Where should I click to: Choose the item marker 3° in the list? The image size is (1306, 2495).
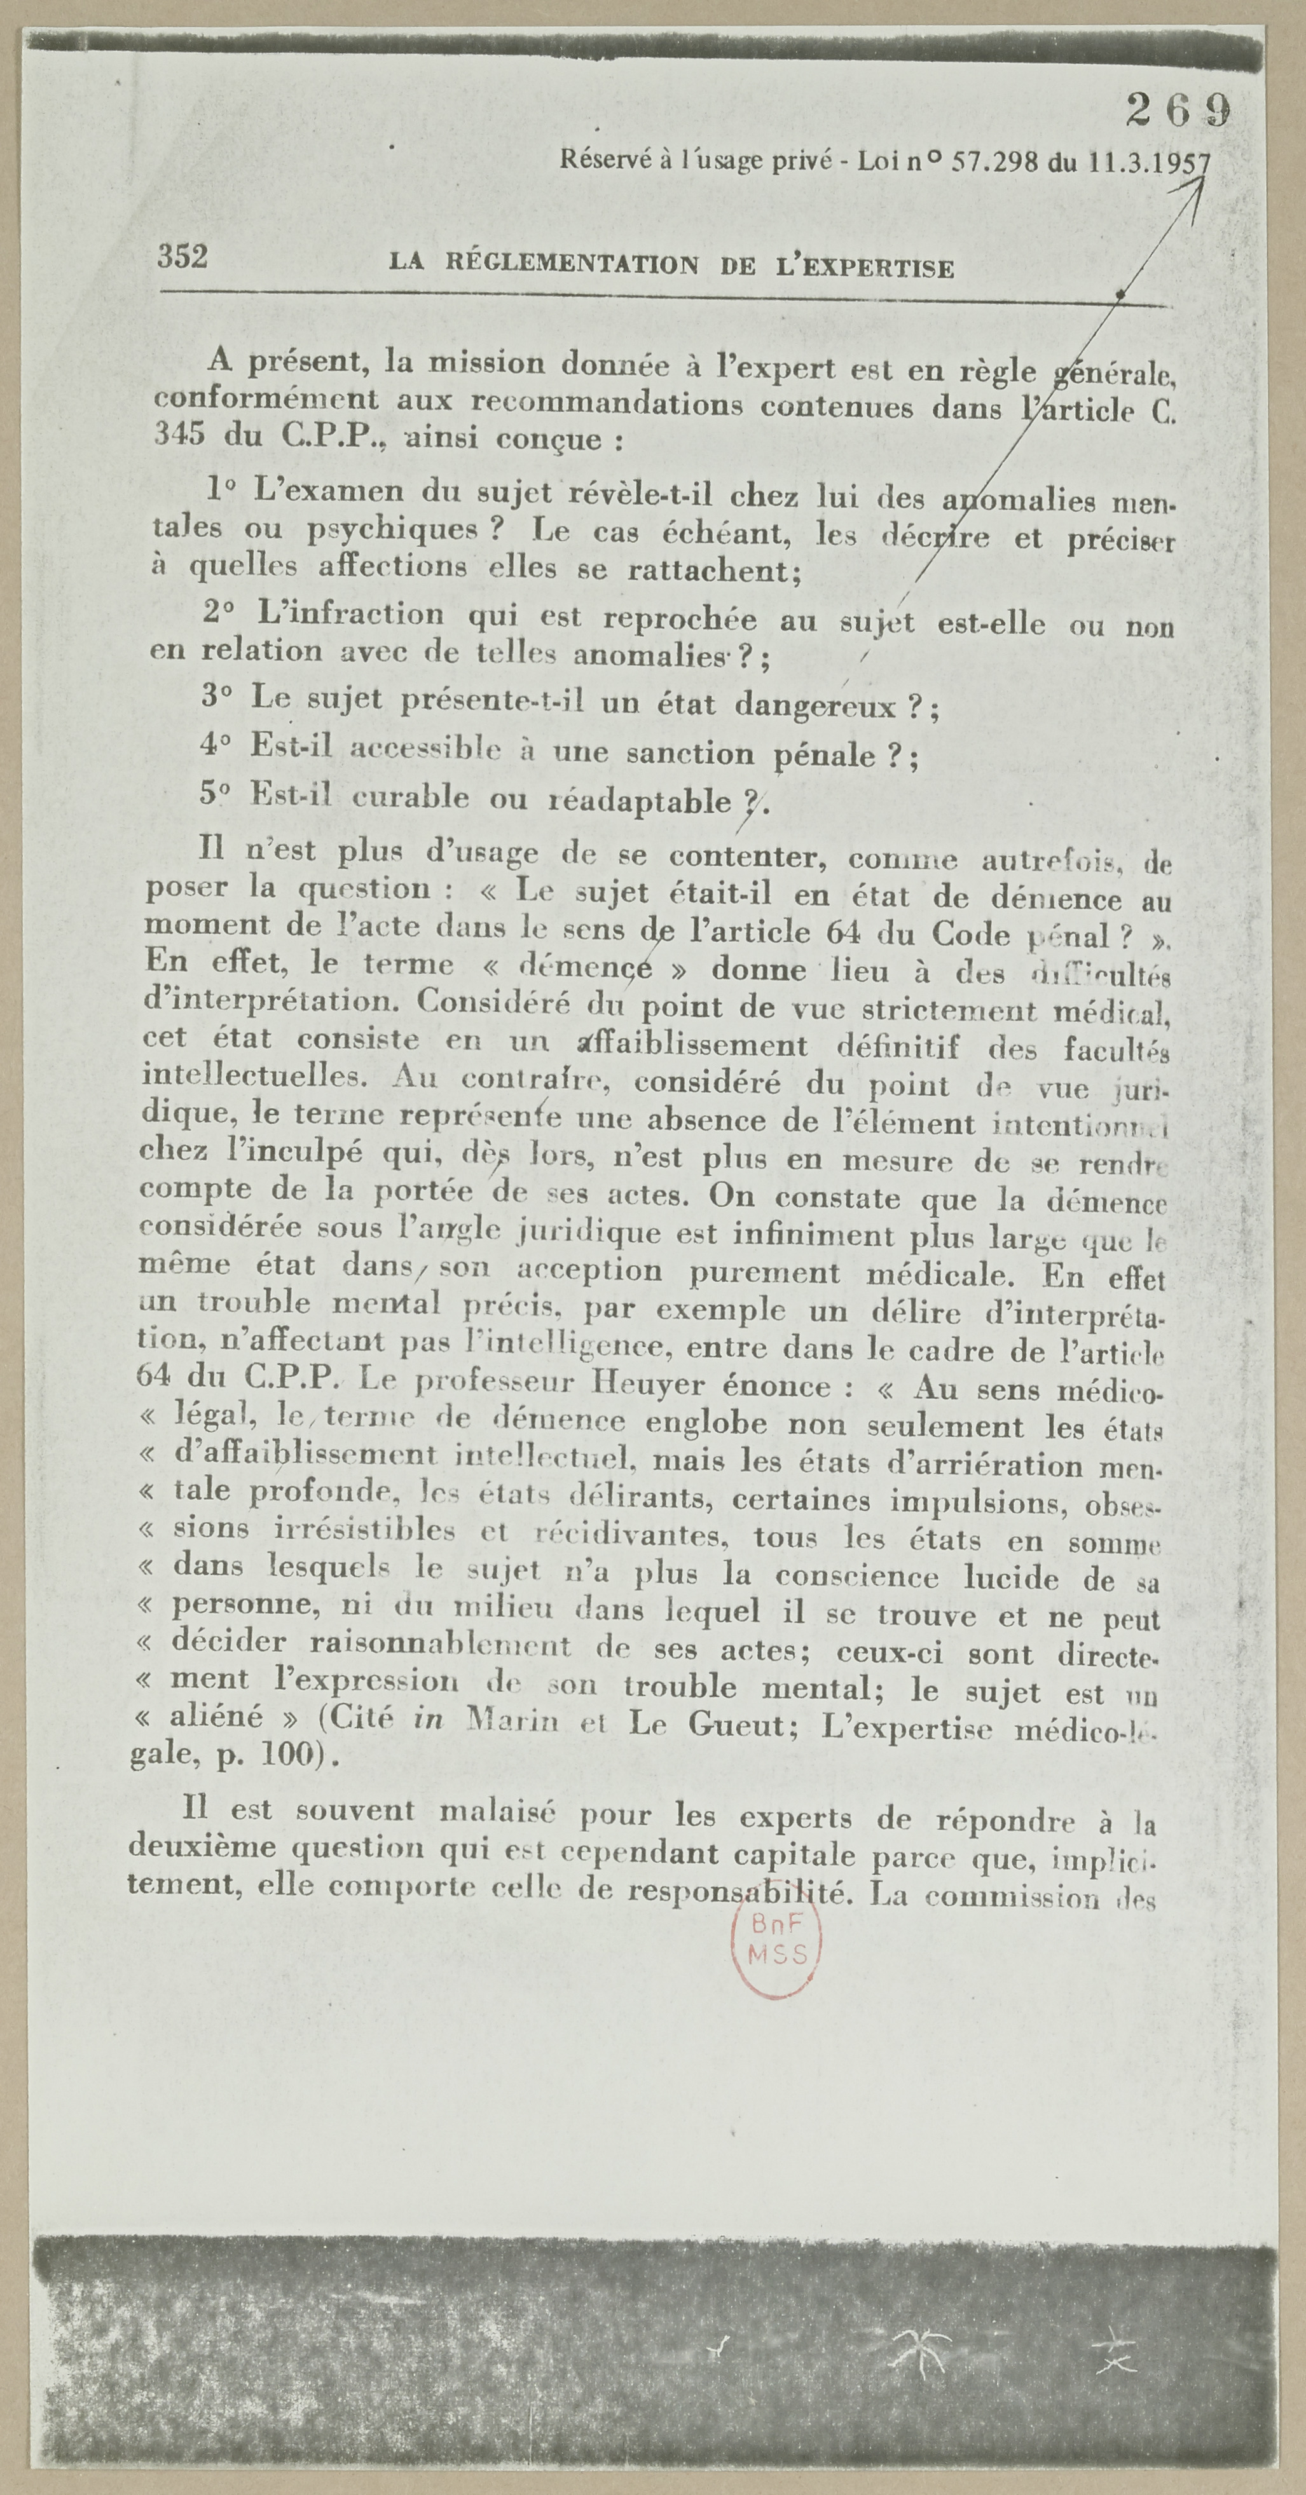tap(218, 697)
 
